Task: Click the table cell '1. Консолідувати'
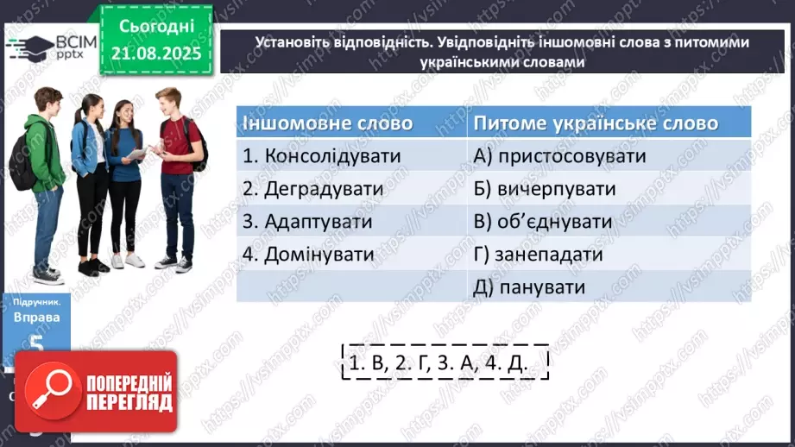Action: click(x=322, y=156)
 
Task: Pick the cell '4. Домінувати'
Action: click(x=308, y=255)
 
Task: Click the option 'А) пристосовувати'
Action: click(x=560, y=156)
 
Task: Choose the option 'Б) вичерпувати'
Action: click(x=545, y=189)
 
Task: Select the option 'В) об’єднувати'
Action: click(x=543, y=222)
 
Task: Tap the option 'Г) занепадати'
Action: click(x=538, y=255)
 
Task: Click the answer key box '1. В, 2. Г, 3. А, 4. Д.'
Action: click(x=436, y=363)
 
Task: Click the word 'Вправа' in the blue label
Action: click(x=35, y=317)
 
